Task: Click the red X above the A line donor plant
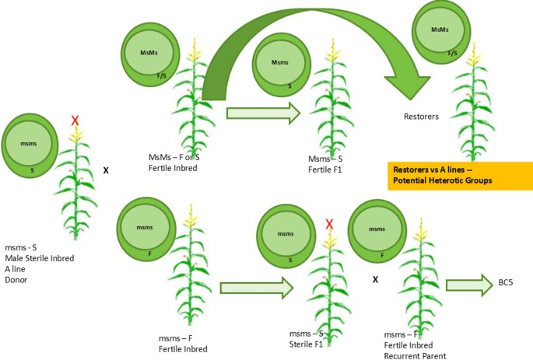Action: [x=75, y=120]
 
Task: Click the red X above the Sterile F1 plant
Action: [x=329, y=225]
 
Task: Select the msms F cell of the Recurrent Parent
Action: [x=377, y=231]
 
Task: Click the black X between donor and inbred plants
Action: [x=107, y=167]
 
